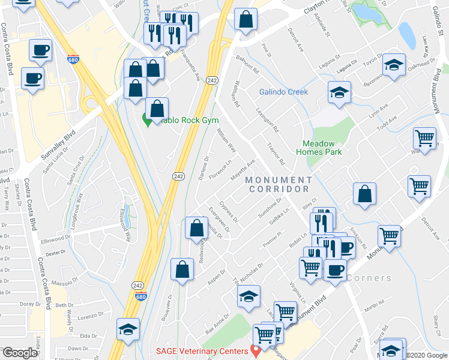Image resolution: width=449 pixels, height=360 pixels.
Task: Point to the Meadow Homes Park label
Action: [322, 148]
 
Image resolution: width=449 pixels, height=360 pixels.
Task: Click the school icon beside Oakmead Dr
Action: [394, 64]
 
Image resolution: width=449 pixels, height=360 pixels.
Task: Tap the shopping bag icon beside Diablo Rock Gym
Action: [157, 108]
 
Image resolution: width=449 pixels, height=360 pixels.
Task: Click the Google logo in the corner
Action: [20, 353]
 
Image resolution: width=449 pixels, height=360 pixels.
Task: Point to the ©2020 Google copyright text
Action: [426, 356]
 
